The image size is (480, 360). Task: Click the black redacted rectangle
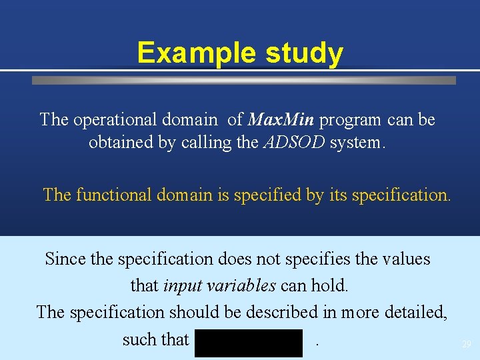(249, 343)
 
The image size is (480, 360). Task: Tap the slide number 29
(466, 345)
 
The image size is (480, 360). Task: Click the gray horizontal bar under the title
(244, 80)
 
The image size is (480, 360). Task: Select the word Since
(65, 259)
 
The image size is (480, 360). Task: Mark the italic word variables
(240, 286)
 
